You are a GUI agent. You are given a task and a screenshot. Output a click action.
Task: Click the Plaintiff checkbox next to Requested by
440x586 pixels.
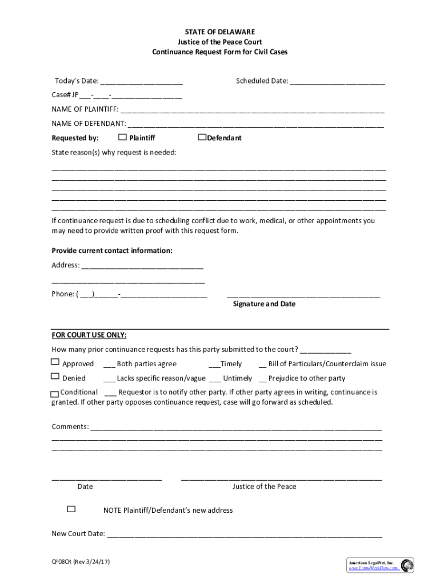pos(122,137)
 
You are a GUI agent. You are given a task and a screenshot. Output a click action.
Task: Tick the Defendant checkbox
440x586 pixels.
pos(202,137)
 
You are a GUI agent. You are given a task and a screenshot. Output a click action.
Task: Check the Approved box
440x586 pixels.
pos(55,362)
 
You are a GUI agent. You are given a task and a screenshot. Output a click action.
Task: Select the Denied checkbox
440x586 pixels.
pos(55,377)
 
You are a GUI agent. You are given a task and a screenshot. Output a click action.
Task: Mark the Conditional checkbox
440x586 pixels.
pos(54,394)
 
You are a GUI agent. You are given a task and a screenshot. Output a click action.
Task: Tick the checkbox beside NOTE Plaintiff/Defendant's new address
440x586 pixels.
pos(71,509)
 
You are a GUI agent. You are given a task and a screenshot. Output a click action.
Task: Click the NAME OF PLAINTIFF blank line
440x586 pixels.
pos(252,110)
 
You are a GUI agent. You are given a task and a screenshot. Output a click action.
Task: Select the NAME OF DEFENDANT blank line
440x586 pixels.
pos(256,124)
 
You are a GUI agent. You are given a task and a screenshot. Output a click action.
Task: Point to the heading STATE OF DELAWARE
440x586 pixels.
pos(220,31)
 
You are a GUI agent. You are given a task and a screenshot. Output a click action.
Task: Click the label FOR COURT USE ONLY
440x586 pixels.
pos(89,335)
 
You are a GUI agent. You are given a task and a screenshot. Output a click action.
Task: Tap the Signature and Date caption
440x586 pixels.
pos(264,304)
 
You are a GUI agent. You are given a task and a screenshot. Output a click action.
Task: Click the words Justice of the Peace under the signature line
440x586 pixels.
pos(264,486)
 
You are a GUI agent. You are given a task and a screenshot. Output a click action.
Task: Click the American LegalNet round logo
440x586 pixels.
pos(407,565)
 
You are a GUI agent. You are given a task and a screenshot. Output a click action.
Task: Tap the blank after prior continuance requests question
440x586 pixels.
pos(326,350)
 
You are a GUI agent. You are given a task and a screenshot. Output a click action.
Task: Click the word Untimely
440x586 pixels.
pos(237,378)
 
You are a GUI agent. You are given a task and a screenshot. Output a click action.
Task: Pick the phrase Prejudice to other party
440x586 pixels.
pos(307,378)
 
